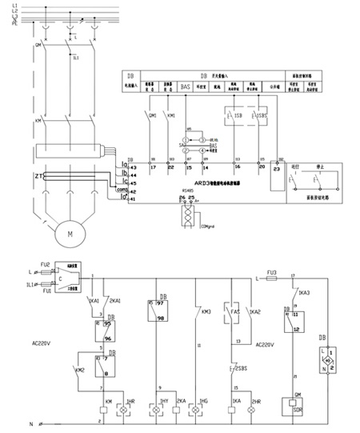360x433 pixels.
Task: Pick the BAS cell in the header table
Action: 186,83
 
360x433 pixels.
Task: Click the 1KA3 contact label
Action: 303,294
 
